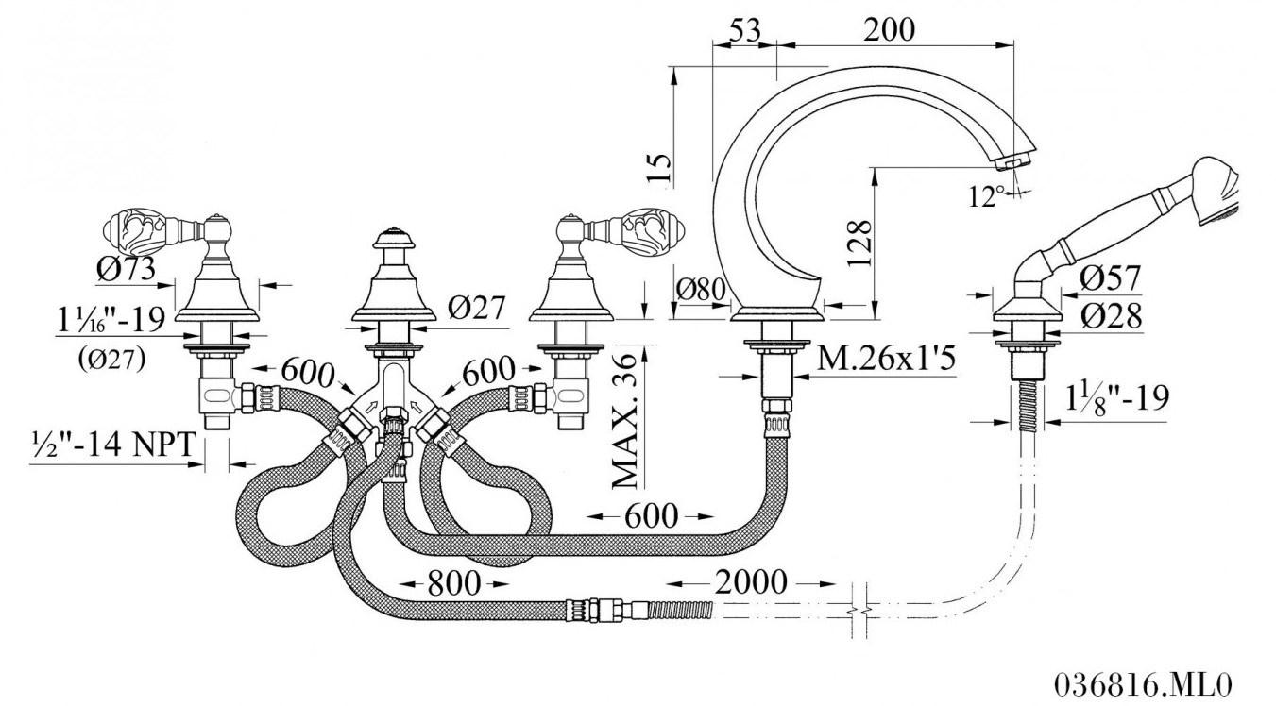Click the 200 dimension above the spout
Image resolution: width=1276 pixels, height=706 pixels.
click(889, 29)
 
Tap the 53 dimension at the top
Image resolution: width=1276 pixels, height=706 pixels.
click(745, 29)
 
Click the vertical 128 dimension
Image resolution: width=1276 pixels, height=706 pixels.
click(859, 244)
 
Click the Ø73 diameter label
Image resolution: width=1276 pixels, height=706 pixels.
click(126, 268)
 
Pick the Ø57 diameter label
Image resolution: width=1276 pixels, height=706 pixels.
click(1110, 278)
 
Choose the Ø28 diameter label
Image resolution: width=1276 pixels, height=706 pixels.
click(1111, 316)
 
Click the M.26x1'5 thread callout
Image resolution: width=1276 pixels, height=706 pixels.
click(886, 359)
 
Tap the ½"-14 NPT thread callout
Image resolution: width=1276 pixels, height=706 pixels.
click(114, 445)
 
